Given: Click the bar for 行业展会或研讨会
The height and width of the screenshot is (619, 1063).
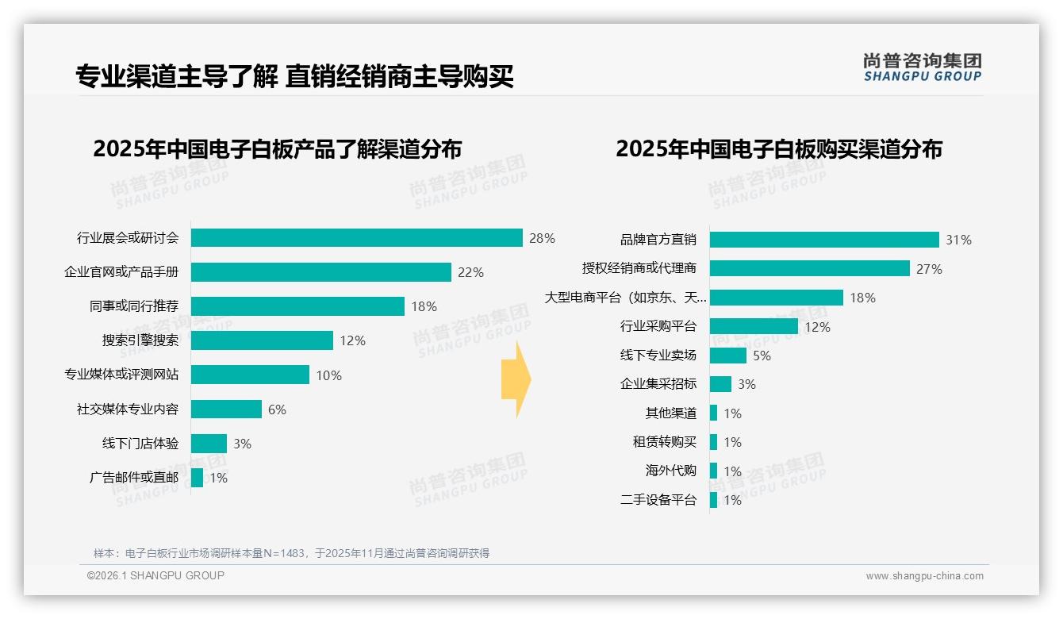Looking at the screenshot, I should [356, 238].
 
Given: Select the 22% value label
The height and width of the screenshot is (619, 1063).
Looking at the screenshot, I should [470, 272].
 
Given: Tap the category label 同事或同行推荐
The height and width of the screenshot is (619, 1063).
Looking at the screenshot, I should [134, 306].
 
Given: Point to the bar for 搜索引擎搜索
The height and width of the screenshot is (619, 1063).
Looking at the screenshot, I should [262, 340].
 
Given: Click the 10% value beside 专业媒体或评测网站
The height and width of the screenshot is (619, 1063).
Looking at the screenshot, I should [328, 375].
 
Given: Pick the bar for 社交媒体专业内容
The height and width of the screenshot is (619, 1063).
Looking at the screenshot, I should [226, 409].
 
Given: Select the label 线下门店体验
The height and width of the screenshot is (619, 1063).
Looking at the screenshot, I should [140, 444].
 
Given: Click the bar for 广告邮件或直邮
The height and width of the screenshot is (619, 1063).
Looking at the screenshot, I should [197, 478].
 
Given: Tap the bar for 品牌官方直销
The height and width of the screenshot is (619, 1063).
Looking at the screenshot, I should [824, 240].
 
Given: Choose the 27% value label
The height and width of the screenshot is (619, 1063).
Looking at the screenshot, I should [929, 269].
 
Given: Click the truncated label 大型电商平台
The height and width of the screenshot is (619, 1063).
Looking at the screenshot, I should [625, 298].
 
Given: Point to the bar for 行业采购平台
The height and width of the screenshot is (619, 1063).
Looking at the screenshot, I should [754, 326].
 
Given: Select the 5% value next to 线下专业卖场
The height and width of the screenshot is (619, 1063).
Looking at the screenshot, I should [762, 356].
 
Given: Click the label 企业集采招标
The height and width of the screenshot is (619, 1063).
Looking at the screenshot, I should [658, 384].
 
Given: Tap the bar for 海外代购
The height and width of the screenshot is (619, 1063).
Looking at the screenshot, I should [713, 471].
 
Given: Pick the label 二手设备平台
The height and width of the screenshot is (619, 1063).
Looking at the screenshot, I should [658, 500].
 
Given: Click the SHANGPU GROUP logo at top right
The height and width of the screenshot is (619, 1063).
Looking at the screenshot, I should [922, 67].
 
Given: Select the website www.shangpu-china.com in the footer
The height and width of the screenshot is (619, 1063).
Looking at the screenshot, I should [924, 576].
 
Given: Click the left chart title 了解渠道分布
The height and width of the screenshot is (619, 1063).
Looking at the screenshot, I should [277, 149].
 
